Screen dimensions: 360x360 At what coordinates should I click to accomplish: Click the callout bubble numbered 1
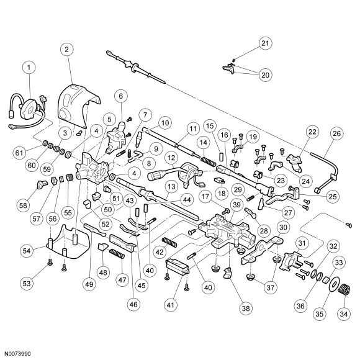point(29,68)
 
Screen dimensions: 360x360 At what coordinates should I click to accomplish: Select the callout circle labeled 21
point(265,43)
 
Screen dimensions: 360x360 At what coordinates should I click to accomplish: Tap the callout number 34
point(344,313)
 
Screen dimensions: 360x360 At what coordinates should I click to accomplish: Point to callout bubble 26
point(337,133)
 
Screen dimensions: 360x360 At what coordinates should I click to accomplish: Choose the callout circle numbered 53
point(27,283)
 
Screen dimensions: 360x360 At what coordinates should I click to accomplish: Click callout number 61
point(19,152)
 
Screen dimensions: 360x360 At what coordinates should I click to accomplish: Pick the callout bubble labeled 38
point(246,308)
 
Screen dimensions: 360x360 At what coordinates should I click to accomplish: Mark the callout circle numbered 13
point(171,186)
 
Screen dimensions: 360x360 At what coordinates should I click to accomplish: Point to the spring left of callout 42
point(169,243)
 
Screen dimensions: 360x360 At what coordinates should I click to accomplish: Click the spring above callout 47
point(117,254)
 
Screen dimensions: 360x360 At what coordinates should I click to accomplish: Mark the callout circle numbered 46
point(133,304)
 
